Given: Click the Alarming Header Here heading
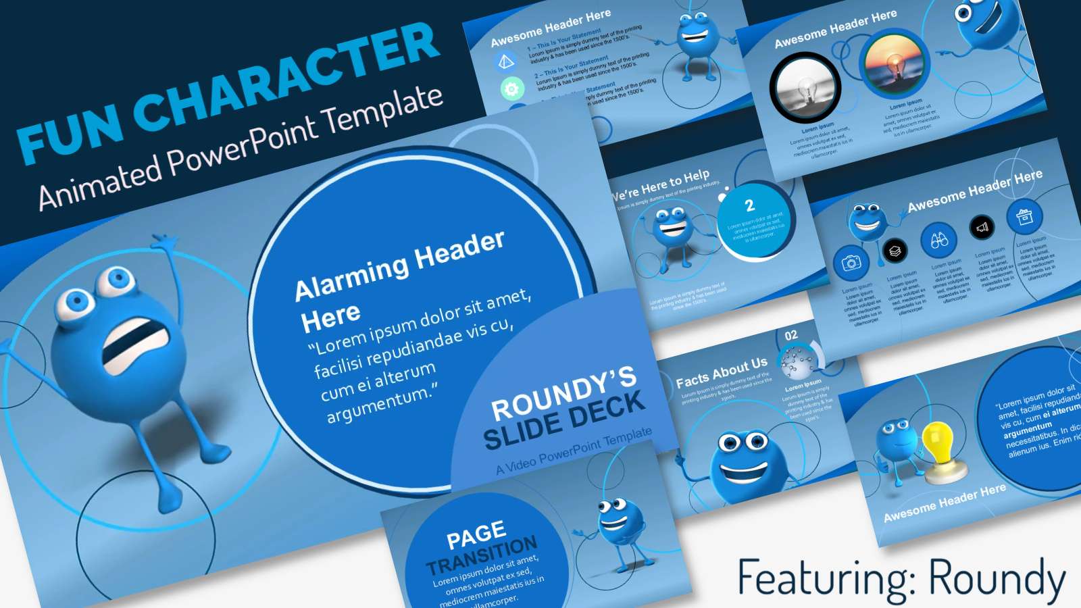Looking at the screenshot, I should click(x=399, y=280).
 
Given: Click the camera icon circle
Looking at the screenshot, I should click(x=851, y=263).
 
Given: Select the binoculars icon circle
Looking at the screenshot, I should click(x=939, y=240).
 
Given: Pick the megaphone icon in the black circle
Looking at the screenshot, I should click(x=982, y=228).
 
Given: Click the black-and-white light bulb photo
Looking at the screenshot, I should click(x=805, y=88).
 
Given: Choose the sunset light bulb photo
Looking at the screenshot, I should click(x=895, y=65).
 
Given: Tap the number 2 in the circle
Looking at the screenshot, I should click(x=749, y=205).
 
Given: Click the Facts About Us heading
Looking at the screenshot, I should click(x=722, y=372).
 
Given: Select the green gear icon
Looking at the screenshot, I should click(x=512, y=88).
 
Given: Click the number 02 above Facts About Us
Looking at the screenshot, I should click(x=791, y=335).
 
